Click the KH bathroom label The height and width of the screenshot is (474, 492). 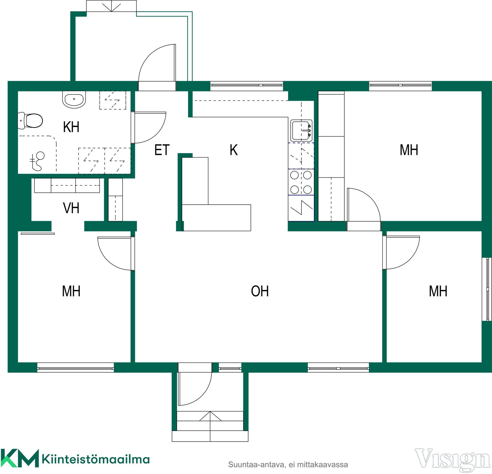[x=71, y=127]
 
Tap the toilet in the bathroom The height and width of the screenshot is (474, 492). [x=30, y=121]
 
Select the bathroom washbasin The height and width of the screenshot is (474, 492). [x=74, y=99]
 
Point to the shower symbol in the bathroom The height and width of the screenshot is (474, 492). [x=37, y=161]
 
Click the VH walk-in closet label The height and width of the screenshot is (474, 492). [x=71, y=208]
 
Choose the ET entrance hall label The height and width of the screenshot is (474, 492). [x=162, y=150]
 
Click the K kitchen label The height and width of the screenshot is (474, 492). [x=234, y=150]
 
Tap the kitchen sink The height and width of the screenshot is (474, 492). [x=301, y=131]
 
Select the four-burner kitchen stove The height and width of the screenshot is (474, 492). [x=301, y=182]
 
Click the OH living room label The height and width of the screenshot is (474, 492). [x=260, y=291]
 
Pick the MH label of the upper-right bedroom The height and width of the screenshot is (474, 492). [x=409, y=150]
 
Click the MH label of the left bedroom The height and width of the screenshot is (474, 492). [x=71, y=291]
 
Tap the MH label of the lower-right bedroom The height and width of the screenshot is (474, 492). [x=438, y=291]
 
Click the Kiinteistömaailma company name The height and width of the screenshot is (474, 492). [x=96, y=459]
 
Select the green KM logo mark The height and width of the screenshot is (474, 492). [x=20, y=458]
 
